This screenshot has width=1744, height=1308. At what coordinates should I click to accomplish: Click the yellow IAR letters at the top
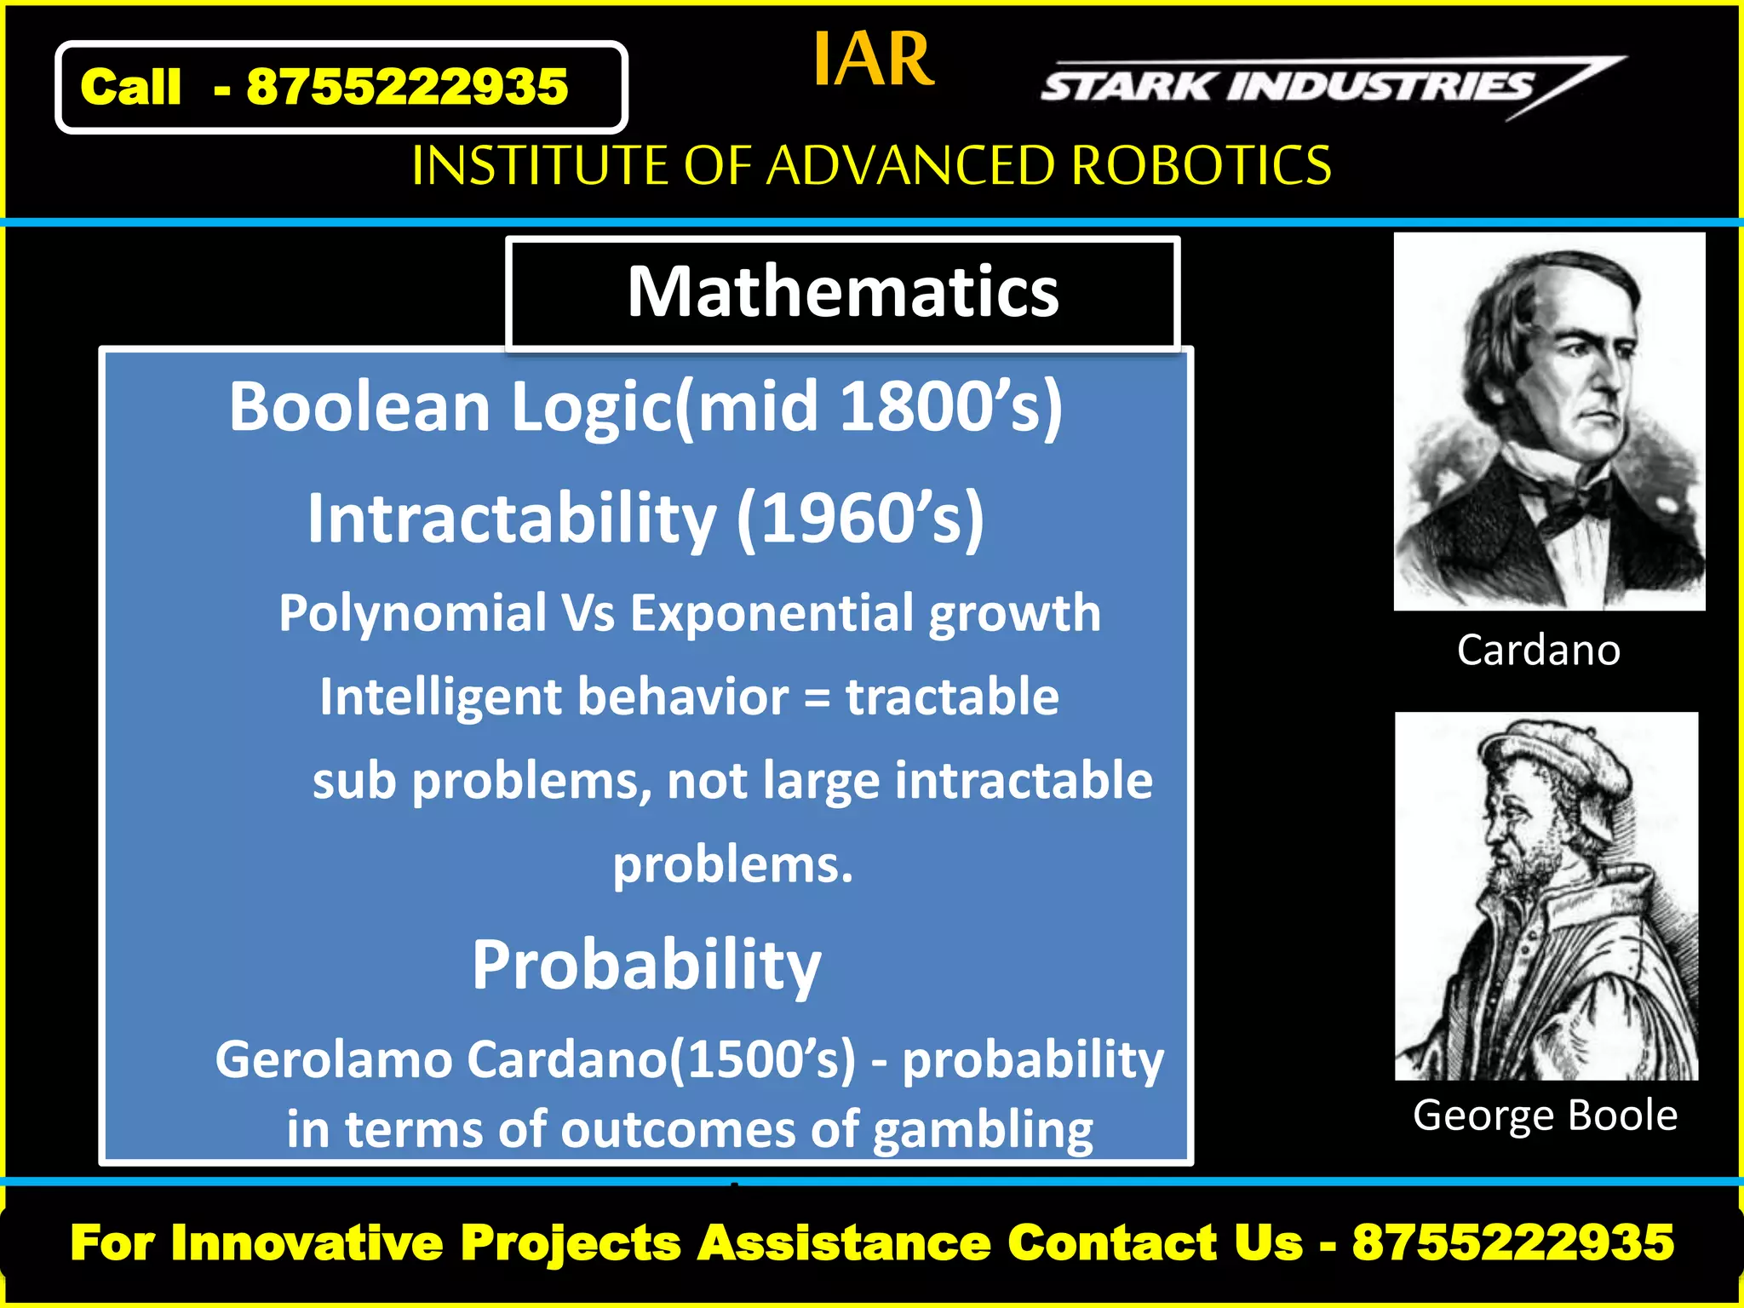point(873,60)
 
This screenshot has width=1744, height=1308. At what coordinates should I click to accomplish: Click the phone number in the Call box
point(407,87)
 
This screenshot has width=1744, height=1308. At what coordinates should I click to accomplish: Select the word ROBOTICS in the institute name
point(1201,165)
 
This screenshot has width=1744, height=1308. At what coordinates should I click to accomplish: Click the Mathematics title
point(843,292)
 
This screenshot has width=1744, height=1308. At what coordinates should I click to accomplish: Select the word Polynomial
point(413,613)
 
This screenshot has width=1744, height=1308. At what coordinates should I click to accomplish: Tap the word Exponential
point(771,613)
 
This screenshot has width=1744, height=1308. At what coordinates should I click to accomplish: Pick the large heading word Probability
point(646,966)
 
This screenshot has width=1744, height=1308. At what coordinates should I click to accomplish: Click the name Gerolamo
point(333,1060)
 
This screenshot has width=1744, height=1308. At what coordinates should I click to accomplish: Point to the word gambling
point(984,1130)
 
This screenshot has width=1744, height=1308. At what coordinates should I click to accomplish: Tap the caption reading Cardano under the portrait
point(1538,650)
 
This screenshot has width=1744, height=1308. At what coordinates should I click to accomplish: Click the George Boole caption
point(1545,1115)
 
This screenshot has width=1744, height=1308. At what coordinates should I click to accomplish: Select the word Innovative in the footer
point(307,1242)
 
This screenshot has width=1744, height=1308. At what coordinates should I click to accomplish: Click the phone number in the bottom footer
point(1513,1242)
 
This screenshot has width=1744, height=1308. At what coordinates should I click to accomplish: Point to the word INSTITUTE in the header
point(540,165)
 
